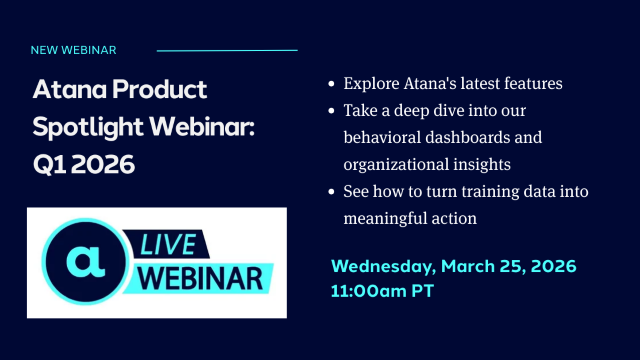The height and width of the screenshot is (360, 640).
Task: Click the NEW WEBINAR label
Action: coord(73,49)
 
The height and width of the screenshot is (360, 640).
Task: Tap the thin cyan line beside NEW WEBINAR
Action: coord(227,49)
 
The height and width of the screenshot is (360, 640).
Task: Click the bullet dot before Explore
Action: coord(331,84)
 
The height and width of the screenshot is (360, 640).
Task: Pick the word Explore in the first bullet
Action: coord(372,84)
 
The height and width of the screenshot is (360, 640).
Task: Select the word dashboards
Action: coord(474,137)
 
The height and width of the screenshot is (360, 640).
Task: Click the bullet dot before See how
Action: coord(331,190)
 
